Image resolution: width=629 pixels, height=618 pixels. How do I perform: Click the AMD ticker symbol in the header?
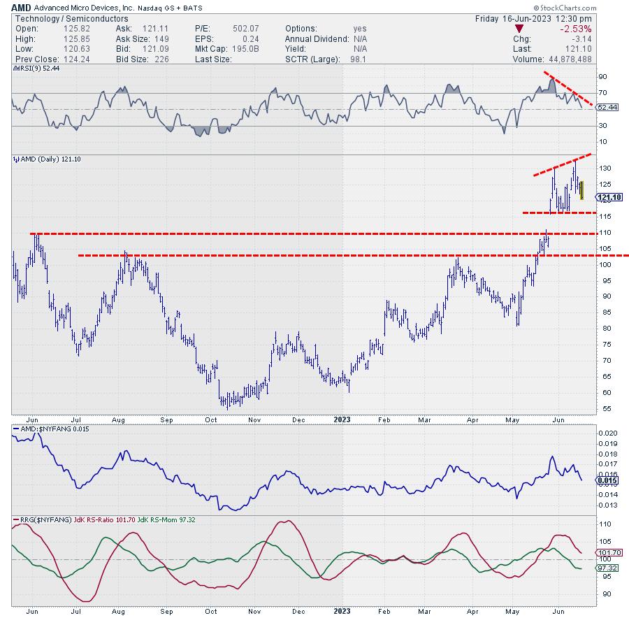[21, 6]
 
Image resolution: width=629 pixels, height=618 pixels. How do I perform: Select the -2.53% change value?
[575, 29]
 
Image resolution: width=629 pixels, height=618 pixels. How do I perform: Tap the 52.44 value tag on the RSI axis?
[605, 107]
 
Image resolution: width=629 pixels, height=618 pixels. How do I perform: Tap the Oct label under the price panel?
[212, 419]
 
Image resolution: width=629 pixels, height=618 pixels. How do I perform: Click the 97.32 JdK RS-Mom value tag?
[607, 568]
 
